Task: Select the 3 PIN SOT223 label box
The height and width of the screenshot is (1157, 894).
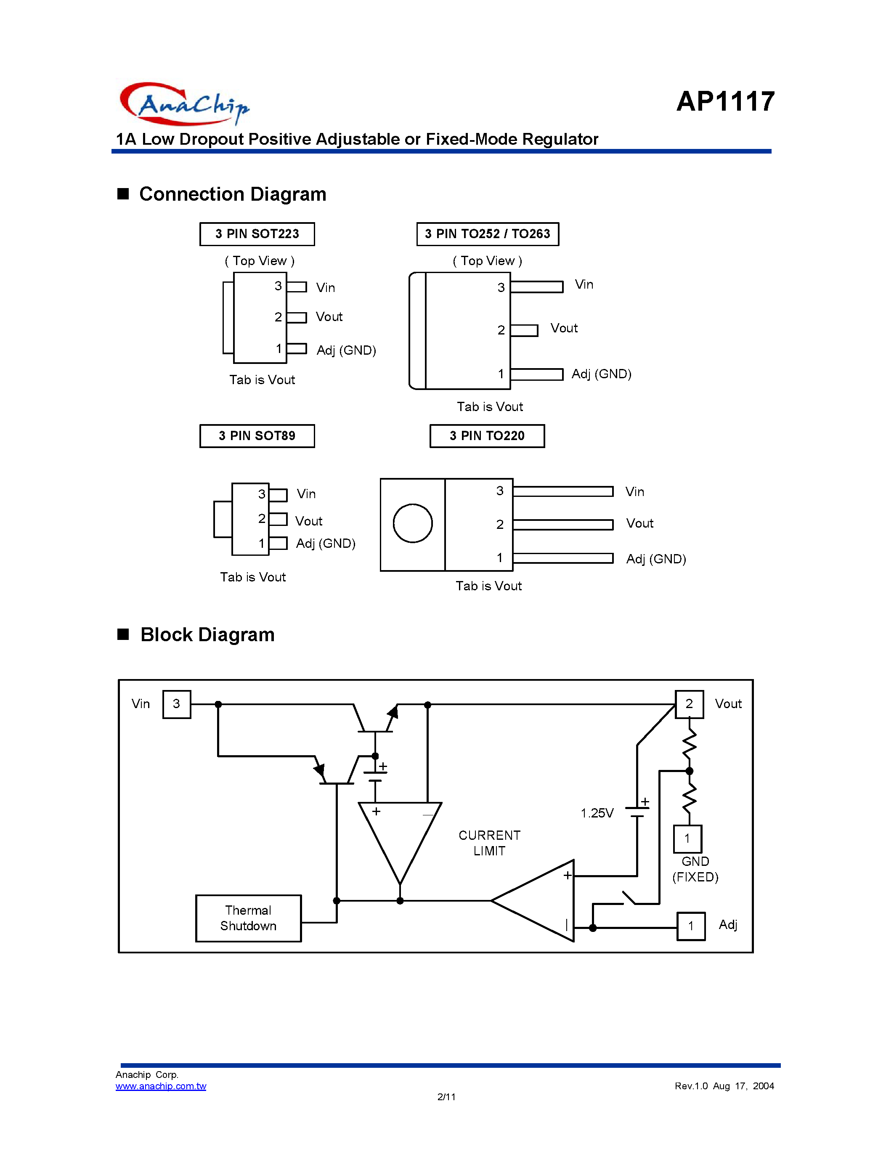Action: (x=257, y=234)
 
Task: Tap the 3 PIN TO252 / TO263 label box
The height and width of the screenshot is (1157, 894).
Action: (x=487, y=234)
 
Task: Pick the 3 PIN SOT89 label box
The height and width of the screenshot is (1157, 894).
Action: (x=257, y=435)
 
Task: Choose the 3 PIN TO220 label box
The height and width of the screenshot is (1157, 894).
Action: (x=487, y=435)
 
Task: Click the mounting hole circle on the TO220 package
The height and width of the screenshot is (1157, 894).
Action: (x=413, y=523)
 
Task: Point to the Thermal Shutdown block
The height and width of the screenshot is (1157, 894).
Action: (x=248, y=918)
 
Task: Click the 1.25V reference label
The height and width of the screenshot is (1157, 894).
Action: (x=597, y=813)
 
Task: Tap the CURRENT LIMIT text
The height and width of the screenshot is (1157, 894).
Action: (x=489, y=842)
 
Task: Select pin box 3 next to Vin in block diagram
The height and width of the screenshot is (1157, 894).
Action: (x=176, y=704)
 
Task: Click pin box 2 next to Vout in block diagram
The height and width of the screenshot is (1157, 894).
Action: (x=689, y=704)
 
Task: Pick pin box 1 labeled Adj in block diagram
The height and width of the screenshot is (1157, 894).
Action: (x=691, y=926)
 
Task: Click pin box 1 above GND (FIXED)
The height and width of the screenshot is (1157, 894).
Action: (x=687, y=839)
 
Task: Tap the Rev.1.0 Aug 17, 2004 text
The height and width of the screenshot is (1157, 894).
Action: (x=724, y=1086)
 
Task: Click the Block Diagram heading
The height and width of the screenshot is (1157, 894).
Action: (x=207, y=634)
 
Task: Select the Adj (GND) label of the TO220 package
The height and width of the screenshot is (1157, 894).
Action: (x=656, y=559)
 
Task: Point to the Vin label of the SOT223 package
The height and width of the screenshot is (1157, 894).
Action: (x=325, y=288)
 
